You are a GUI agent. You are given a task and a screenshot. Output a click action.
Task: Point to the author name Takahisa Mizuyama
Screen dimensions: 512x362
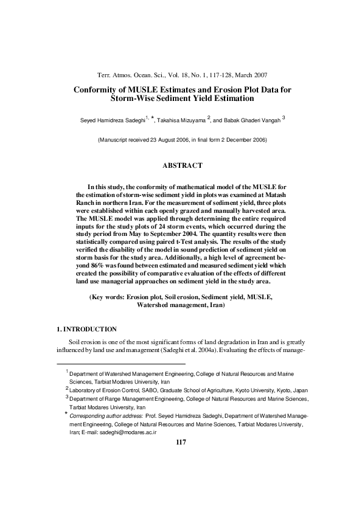(195, 122)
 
